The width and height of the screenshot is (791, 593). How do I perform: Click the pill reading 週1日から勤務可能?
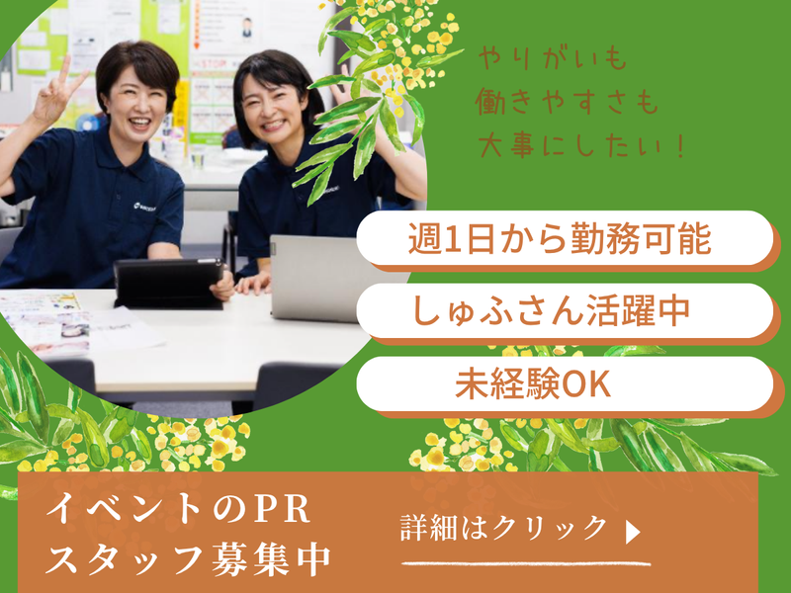click(x=565, y=238)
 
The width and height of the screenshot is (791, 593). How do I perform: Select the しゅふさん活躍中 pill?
click(x=565, y=310)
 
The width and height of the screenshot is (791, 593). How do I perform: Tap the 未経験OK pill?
click(x=565, y=383)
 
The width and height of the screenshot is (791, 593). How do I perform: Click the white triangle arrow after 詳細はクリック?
click(x=633, y=532)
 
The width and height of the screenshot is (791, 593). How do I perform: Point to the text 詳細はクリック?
click(x=504, y=529)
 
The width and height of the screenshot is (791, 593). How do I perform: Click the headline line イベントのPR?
click(x=178, y=508)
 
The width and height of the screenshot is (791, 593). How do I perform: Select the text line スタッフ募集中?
click(x=188, y=559)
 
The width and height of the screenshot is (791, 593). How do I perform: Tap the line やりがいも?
click(x=553, y=58)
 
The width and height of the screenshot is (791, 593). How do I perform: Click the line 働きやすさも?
click(x=567, y=102)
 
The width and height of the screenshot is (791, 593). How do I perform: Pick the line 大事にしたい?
click(x=581, y=144)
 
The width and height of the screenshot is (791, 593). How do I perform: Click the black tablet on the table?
click(x=169, y=284)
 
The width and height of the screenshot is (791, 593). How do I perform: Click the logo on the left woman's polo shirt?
click(x=144, y=206)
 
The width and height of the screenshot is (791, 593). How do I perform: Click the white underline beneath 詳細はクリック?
click(x=526, y=563)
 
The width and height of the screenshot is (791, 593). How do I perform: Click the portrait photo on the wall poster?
click(x=246, y=28)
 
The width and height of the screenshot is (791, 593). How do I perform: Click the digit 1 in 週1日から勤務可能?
click(x=454, y=239)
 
